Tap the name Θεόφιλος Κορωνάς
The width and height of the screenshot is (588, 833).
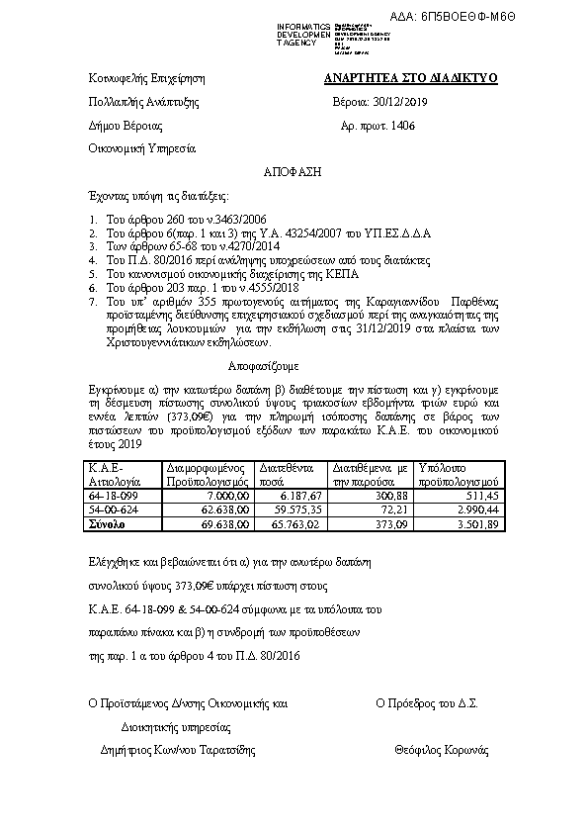(x=441, y=750)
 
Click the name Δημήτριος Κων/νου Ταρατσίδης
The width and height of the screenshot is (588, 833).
(x=171, y=750)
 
